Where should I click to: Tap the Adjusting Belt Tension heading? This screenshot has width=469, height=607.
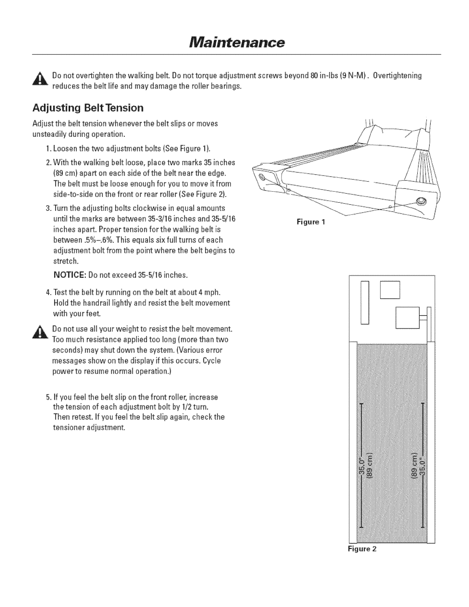[x=88, y=108]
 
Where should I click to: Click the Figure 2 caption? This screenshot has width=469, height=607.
[x=362, y=549]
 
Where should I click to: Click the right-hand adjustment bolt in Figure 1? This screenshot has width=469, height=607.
[x=420, y=201]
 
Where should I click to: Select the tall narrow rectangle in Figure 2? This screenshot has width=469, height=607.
[x=364, y=303]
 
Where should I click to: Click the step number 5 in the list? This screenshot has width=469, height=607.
[x=47, y=397]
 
